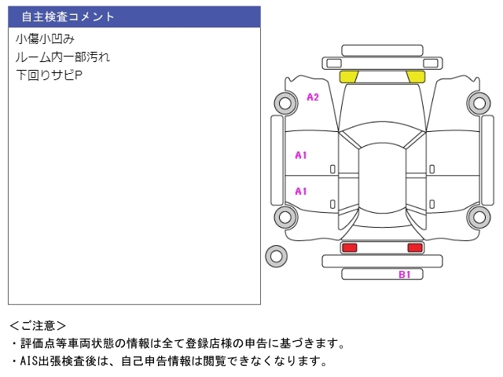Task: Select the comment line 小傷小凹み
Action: coord(45,38)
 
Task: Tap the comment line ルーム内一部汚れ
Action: coord(63,57)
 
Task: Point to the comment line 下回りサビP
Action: coord(49,75)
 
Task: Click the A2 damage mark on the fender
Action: coord(312,97)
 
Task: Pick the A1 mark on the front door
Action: coord(300,156)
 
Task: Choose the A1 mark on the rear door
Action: coord(300,191)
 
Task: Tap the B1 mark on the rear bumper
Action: coord(405,274)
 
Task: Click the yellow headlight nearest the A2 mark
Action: coord(348,76)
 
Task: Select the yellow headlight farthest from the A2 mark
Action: coord(415,76)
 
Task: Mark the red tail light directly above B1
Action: coord(414,247)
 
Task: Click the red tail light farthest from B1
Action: coord(349,247)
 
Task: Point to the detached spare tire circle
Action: coord(276,255)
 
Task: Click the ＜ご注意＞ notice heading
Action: coord(38,325)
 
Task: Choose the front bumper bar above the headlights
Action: coord(381,62)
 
